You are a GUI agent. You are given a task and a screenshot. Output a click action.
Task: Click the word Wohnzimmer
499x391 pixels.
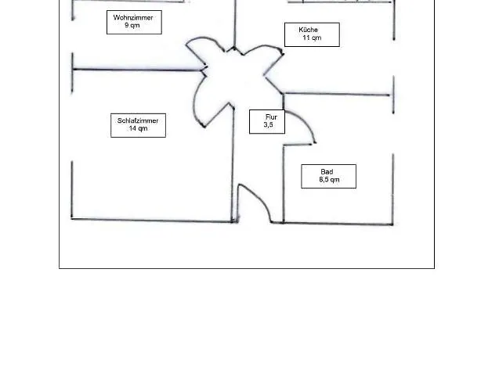[133, 17]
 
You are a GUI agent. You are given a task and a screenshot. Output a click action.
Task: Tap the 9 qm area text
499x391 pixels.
[132, 26]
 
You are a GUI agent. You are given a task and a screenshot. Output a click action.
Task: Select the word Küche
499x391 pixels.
[309, 30]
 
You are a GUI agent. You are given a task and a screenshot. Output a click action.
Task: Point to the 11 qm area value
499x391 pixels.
[311, 38]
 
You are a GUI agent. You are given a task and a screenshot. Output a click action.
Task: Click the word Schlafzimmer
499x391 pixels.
[138, 120]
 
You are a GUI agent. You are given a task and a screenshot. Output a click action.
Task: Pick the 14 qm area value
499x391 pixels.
[138, 129]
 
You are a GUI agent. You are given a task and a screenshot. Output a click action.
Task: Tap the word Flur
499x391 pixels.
[270, 117]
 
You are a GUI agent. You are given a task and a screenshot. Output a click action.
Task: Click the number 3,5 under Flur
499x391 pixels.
[269, 125]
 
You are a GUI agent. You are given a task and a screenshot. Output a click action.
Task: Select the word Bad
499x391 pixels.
[327, 171]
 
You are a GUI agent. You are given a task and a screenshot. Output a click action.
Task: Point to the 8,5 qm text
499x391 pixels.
[329, 180]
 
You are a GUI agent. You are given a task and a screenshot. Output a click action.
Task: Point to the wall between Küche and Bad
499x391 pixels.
[337, 95]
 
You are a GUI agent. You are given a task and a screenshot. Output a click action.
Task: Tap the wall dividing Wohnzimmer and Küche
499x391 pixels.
[235, 23]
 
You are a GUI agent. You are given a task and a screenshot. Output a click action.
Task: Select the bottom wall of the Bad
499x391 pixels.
[337, 224]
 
